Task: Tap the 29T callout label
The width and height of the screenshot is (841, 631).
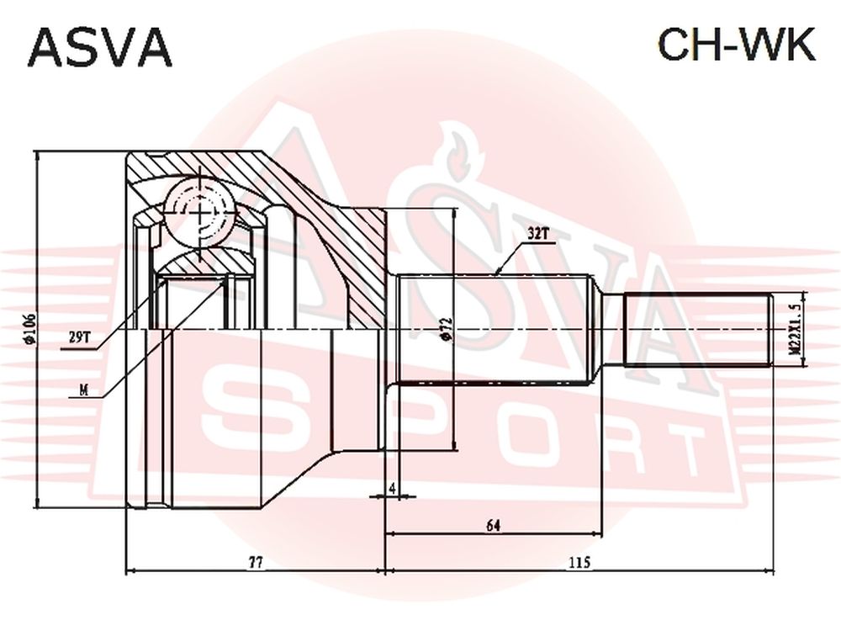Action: (x=81, y=337)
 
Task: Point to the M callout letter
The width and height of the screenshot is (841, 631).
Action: (x=83, y=391)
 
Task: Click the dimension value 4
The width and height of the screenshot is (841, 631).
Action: (x=392, y=488)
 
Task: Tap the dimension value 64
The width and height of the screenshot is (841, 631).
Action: (x=494, y=525)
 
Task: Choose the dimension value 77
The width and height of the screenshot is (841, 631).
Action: (x=256, y=562)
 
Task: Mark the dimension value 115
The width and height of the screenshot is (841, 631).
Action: (x=579, y=562)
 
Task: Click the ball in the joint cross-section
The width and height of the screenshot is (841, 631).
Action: (x=199, y=213)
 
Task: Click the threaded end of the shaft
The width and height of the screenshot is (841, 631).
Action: (x=697, y=330)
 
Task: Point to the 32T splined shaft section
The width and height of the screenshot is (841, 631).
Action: (x=495, y=330)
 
